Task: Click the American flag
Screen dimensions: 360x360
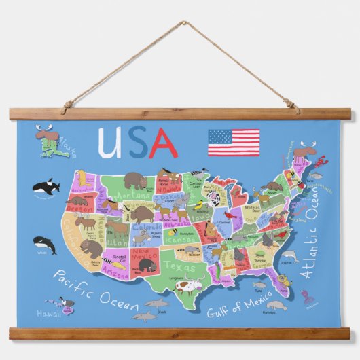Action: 234,142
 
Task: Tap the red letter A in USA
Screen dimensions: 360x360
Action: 163,142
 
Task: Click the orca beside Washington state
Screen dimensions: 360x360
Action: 46,185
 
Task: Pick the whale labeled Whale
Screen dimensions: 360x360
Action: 45,242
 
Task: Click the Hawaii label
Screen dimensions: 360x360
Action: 49,314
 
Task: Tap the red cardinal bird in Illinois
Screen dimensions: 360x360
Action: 227,218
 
